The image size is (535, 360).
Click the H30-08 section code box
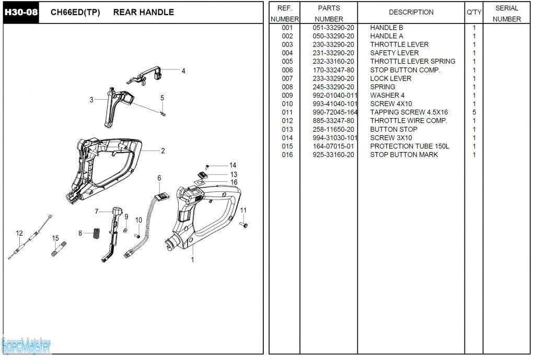point(21,12)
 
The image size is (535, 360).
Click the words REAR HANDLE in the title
point(143,12)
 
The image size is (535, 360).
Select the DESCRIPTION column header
point(411,12)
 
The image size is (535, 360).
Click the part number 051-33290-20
point(333,28)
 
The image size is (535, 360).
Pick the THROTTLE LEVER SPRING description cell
point(412,62)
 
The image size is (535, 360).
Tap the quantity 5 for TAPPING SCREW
point(474,112)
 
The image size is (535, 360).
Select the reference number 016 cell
point(287,155)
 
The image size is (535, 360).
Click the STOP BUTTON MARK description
point(404,155)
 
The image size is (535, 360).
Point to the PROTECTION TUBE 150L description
point(409,146)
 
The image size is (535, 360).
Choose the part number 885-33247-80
point(333,121)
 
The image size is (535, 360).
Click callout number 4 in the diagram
point(183,71)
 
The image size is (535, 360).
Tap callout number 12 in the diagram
point(19,234)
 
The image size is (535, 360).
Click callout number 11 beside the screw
point(243,210)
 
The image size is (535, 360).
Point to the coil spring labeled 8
point(96,233)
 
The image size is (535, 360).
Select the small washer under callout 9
point(126,230)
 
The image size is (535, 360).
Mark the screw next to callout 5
point(163,113)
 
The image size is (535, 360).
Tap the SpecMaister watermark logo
point(26,345)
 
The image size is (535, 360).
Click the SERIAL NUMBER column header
point(506,14)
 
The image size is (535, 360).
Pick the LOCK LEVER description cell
point(390,78)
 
